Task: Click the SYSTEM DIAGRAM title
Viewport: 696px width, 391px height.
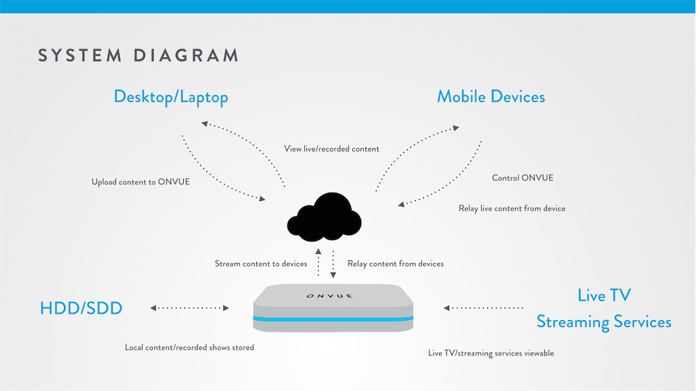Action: [x=139, y=56]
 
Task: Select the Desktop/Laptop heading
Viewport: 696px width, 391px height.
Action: [x=171, y=97]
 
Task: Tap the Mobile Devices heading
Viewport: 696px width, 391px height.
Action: [x=491, y=97]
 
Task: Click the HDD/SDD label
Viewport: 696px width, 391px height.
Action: [x=81, y=308]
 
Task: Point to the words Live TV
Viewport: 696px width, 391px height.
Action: [x=604, y=296]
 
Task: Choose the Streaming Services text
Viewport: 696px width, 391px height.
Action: [x=603, y=322]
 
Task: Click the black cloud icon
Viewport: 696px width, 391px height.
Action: [x=324, y=218]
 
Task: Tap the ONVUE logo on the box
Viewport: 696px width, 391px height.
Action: [x=329, y=296]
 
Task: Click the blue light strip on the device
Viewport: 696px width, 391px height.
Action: [x=333, y=319]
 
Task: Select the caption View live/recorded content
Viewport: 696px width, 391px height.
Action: [x=331, y=149]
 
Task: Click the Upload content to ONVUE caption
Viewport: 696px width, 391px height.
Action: [x=141, y=182]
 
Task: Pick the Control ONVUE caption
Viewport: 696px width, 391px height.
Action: [x=523, y=178]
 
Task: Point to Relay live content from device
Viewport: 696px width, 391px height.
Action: [x=512, y=209]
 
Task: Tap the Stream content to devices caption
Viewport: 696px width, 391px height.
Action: [x=261, y=264]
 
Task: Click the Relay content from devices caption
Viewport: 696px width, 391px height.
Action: [x=395, y=264]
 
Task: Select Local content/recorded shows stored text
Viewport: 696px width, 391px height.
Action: [x=189, y=347]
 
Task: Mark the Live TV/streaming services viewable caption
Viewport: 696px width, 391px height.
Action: [x=491, y=353]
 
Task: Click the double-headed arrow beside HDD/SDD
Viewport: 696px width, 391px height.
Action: [x=189, y=308]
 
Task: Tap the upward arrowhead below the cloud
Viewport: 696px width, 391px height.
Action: [x=318, y=251]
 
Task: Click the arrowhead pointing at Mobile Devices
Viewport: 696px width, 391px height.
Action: [x=456, y=128]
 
